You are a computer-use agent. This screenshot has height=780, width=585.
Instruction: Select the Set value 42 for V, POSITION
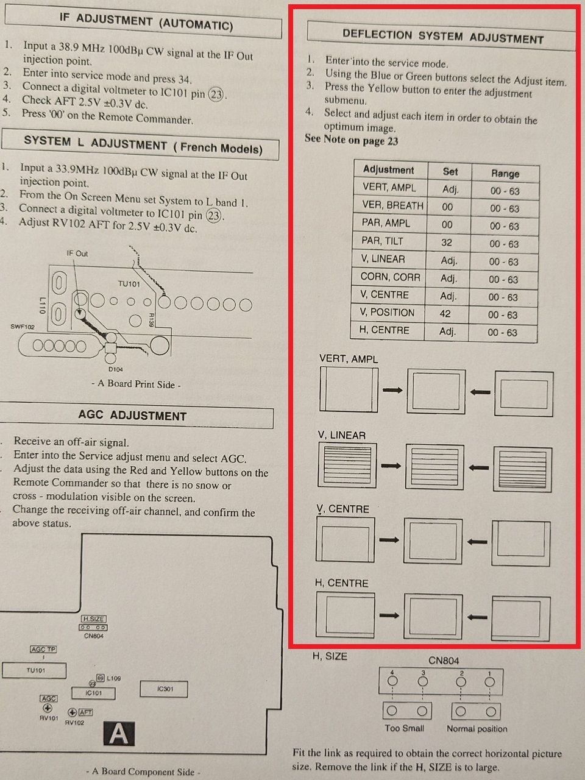(445, 314)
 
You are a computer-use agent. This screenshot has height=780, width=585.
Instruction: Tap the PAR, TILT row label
(382, 241)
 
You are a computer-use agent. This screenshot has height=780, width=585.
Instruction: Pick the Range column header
(505, 174)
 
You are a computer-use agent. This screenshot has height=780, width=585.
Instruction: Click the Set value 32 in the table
(447, 243)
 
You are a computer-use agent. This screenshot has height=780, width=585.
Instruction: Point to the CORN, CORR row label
(391, 277)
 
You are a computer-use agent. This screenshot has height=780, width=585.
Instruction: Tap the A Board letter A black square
(119, 733)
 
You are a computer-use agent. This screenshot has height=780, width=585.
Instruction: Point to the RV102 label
(74, 723)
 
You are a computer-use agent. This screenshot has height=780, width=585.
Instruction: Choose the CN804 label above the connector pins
(444, 661)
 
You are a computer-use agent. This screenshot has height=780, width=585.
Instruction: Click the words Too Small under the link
(405, 728)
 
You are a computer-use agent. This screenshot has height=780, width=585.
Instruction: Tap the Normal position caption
(477, 729)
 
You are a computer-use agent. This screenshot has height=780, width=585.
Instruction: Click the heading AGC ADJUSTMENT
(132, 416)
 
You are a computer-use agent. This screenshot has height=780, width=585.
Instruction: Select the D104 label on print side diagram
(116, 369)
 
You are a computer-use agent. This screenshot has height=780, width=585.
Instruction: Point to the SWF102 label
(23, 327)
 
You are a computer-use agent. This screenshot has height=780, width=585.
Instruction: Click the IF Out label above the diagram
(77, 253)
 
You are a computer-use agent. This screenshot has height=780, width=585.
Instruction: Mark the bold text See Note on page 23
(351, 140)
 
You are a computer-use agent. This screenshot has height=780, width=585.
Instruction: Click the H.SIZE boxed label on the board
(94, 619)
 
